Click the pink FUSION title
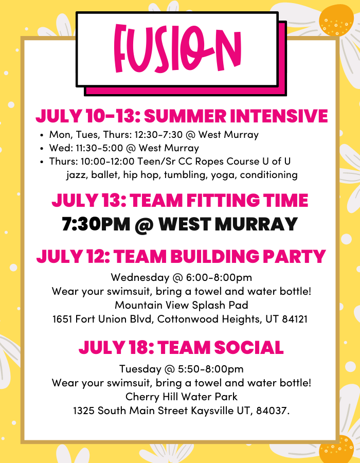pos(177,49)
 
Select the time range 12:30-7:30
pos(158,135)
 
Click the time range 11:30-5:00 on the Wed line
pos(99,148)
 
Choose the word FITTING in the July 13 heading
pos(223,200)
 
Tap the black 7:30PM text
pos(96,224)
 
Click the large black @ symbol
pos(144,225)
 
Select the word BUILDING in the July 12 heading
pos(215,256)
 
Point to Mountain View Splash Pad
pos(182,305)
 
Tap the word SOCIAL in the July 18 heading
pos(249,348)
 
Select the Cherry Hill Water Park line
pos(181,397)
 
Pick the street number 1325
pos(84,411)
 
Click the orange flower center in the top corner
pos(336,20)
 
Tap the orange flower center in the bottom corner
pos(336,449)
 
